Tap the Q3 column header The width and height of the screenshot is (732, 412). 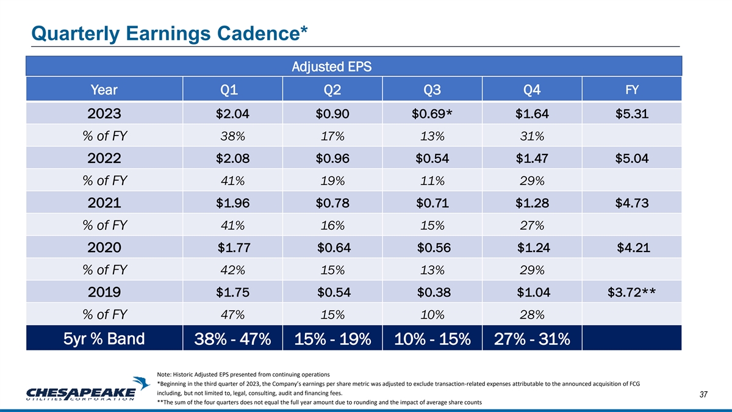pos(432,91)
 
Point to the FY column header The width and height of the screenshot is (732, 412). pos(632,90)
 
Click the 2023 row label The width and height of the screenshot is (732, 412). pos(104,114)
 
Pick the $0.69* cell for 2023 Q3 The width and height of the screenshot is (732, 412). pos(436,114)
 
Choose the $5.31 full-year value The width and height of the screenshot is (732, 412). pos(632,114)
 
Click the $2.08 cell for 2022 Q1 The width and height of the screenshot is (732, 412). pos(232,159)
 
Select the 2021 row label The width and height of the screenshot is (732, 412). pos(104,203)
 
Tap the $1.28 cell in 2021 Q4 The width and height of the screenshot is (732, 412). pos(533,203)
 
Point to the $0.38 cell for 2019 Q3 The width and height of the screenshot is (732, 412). pos(434,292)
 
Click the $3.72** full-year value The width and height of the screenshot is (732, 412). pos(632,292)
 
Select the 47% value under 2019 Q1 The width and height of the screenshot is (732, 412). pos(232,315)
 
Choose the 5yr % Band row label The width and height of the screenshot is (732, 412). pos(104,338)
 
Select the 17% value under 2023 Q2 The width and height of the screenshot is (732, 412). pos(332,137)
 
